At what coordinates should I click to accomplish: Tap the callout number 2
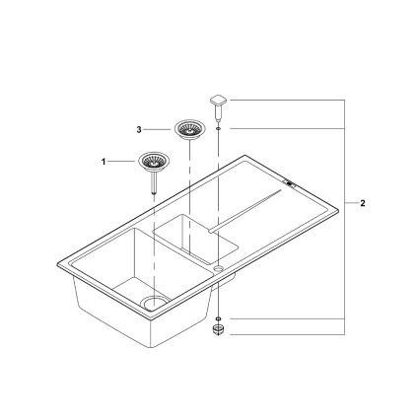[x=362, y=204]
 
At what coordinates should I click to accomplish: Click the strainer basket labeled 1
[x=154, y=160]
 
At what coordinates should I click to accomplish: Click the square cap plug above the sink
[x=217, y=102]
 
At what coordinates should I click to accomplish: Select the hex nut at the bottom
[x=217, y=332]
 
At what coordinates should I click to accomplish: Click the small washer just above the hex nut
[x=217, y=318]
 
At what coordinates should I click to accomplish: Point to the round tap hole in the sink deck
[x=217, y=267]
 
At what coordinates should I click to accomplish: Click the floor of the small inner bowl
[x=197, y=241]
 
